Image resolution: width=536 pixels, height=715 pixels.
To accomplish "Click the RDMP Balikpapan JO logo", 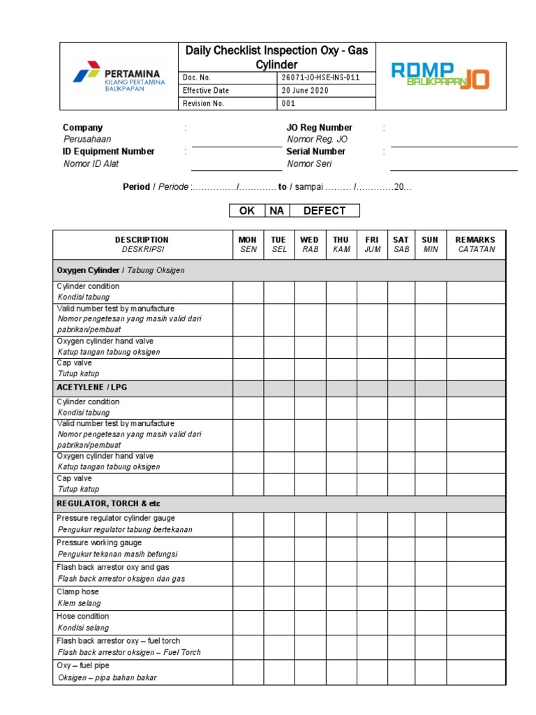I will (x=440, y=75).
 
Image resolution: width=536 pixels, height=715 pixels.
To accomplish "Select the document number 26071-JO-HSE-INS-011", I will (x=320, y=78).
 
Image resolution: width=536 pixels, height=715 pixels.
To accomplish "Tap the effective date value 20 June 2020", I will (x=305, y=91).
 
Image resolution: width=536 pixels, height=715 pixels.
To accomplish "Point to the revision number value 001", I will (x=288, y=103).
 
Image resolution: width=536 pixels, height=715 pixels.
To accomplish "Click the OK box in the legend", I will (x=247, y=211).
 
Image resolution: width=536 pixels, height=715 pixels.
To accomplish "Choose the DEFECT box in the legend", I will (x=324, y=211).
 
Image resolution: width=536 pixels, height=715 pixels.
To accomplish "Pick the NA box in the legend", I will (x=276, y=211).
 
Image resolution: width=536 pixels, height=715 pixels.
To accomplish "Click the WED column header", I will (x=309, y=244).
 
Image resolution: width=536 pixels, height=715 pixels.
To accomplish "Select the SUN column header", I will (x=430, y=244).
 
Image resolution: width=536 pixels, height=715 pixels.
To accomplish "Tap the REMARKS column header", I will (x=475, y=244).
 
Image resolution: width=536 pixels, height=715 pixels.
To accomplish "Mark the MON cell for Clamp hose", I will (x=248, y=598).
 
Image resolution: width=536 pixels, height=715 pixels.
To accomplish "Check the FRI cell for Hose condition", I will (x=372, y=622).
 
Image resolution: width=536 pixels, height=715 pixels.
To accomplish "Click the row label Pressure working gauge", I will (x=99, y=543).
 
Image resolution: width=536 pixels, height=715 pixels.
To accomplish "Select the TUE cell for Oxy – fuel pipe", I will (x=278, y=671).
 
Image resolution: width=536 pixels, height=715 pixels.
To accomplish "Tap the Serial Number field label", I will (x=315, y=152).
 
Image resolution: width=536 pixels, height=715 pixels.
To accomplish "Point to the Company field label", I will (x=82, y=128).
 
